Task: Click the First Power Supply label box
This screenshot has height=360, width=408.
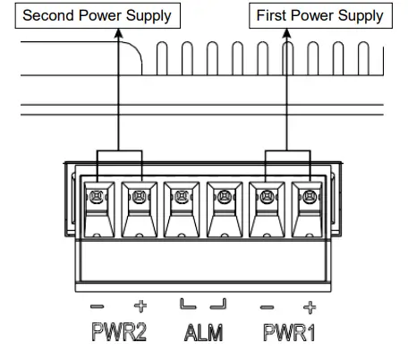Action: click(319, 14)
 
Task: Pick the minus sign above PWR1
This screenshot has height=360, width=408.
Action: click(267, 305)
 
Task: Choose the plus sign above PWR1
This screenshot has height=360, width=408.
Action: click(310, 305)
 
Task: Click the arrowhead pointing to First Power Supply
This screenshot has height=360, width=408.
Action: click(288, 32)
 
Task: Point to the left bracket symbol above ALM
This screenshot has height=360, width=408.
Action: click(185, 305)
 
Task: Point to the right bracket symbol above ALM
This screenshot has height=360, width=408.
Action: click(217, 305)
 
